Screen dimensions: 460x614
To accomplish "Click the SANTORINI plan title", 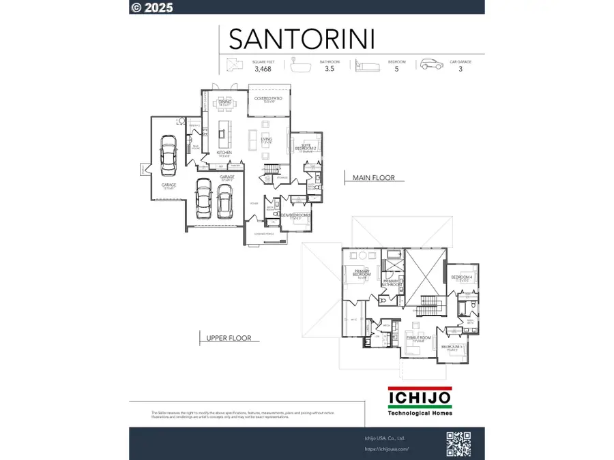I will click(x=302, y=39).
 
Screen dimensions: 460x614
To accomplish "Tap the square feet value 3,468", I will click(x=261, y=69).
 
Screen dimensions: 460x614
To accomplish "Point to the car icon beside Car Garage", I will click(x=431, y=64).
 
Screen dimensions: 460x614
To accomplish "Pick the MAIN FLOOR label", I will click(x=373, y=179).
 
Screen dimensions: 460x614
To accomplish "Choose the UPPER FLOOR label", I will click(x=229, y=337).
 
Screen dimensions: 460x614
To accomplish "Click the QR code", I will click(x=459, y=444).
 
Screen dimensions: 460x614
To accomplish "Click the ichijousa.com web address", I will click(x=387, y=449).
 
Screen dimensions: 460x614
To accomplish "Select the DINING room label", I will click(x=225, y=102).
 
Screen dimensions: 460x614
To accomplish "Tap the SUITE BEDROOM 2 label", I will click(x=306, y=147).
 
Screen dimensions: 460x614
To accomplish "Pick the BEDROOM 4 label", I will click(x=462, y=277).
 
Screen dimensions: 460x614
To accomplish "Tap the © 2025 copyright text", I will click(x=152, y=7).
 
